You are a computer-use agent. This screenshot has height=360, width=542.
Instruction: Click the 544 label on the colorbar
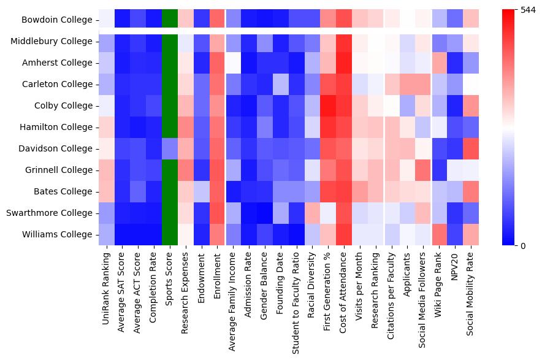click(x=527, y=10)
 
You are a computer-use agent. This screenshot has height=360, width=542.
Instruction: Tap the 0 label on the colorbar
click(x=522, y=246)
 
